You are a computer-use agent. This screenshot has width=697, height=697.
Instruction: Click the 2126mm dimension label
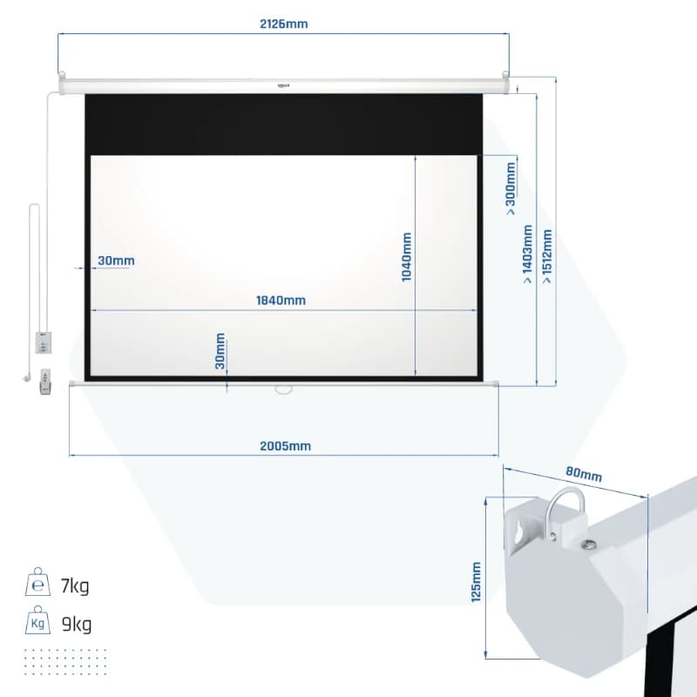284,24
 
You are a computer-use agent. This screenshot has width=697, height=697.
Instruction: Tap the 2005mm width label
286,446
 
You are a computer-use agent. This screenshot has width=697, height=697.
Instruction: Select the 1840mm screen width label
281,301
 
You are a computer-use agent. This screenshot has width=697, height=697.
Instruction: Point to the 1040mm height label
406,257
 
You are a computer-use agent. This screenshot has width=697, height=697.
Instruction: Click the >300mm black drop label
511,189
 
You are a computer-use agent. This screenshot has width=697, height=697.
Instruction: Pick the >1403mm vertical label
527,254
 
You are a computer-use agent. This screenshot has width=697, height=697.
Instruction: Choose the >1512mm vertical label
547,256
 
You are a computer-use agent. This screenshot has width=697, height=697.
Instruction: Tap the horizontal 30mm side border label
116,261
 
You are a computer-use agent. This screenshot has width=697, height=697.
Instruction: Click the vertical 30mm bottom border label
220,351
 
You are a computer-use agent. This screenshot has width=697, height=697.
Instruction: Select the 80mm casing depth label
584,474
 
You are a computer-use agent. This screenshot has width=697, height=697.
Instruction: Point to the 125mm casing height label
476,582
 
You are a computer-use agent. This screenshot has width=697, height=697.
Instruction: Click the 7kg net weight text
75,585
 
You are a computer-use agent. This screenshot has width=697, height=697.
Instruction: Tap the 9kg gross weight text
77,624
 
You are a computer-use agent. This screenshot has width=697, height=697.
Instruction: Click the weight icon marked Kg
37,619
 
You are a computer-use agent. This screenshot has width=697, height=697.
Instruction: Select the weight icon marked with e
37,581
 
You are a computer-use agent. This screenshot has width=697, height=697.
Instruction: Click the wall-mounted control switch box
43,342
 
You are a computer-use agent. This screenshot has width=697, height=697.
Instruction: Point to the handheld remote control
45,382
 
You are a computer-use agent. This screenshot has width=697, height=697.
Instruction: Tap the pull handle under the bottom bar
284,390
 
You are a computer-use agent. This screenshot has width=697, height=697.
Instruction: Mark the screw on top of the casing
590,545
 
